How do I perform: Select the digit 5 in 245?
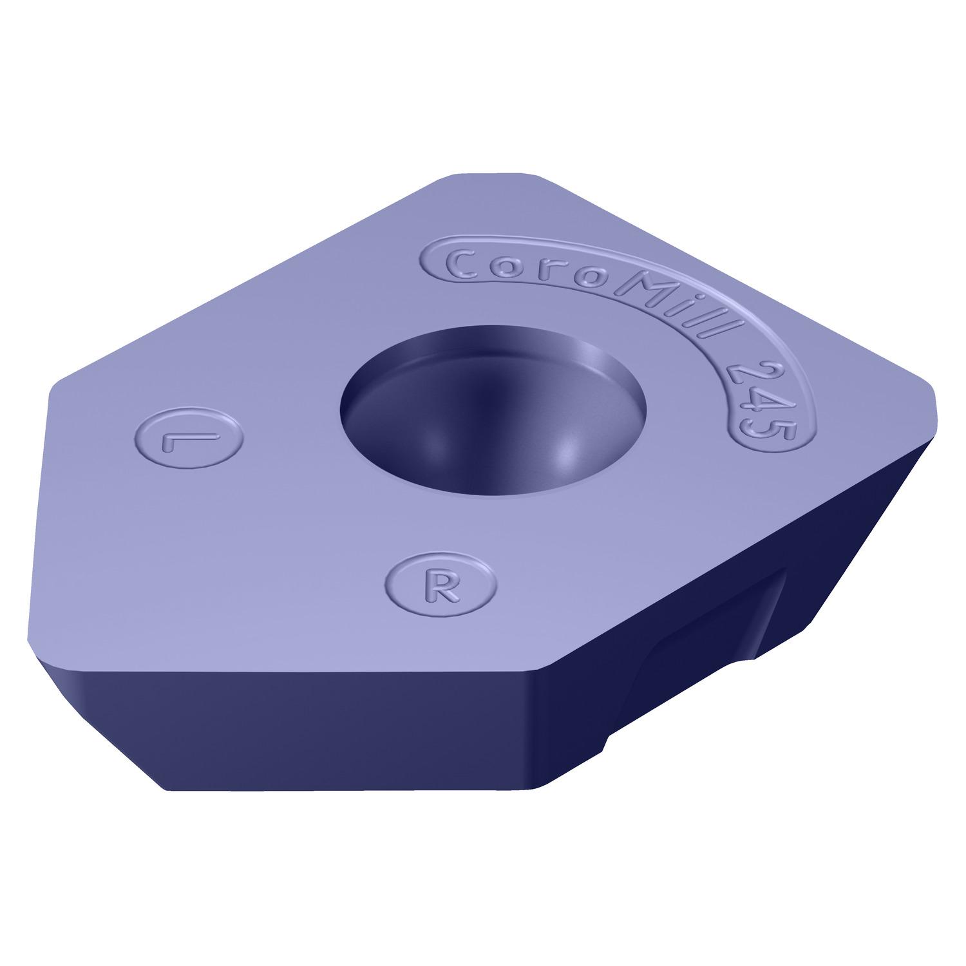[x=770, y=431]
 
